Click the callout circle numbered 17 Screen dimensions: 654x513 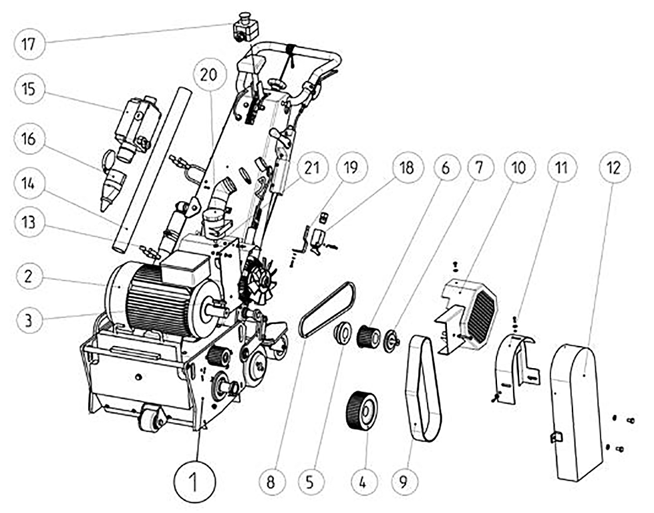pyautogui.click(x=29, y=43)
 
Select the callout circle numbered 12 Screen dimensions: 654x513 pyautogui.click(x=615, y=167)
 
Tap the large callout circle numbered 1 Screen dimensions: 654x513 pyautogui.click(x=195, y=482)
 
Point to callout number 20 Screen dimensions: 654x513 pyautogui.click(x=209, y=74)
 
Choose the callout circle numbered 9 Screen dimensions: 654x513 pyautogui.click(x=403, y=482)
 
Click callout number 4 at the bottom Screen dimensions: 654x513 pyautogui.click(x=362, y=482)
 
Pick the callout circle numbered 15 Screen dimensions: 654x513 pyautogui.click(x=29, y=90)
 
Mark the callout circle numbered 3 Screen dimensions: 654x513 pyautogui.click(x=29, y=321)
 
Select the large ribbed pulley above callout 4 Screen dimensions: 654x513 pyautogui.click(x=361, y=411)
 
